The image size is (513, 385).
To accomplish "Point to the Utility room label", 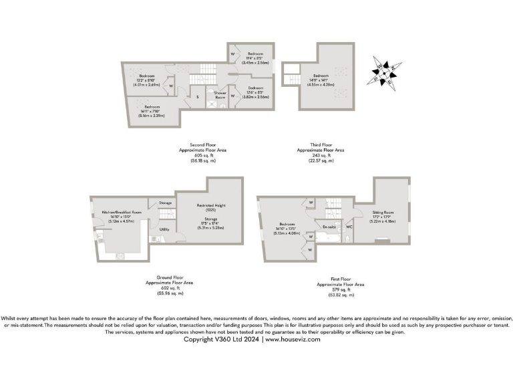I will pyautogui.click(x=164, y=229).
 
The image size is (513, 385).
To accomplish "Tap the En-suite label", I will pyautogui.click(x=329, y=227).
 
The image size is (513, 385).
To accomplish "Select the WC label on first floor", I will pyautogui.click(x=349, y=227).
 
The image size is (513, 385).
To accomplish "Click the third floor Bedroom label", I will pyautogui.click(x=321, y=76).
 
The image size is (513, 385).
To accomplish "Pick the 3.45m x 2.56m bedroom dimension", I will pyautogui.click(x=256, y=62).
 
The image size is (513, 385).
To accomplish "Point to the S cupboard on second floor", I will pyautogui.click(x=197, y=98).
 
